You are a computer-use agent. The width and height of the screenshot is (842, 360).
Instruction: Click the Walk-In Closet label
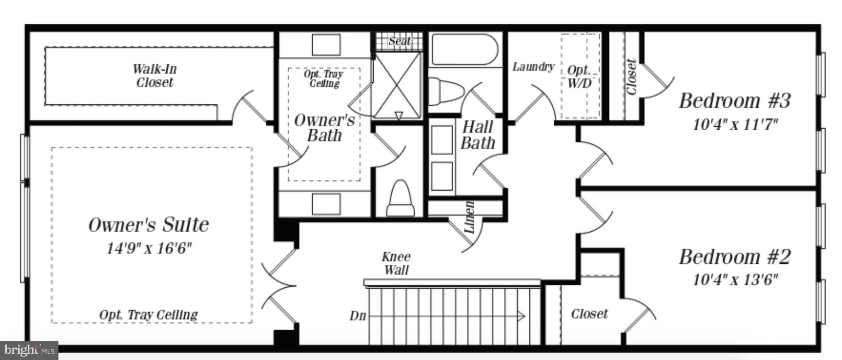154,76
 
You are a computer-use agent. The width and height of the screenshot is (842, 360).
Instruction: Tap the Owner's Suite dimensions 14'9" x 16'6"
149,248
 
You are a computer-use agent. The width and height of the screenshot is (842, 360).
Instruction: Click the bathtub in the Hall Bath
464,49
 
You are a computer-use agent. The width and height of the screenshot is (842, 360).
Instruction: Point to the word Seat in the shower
399,41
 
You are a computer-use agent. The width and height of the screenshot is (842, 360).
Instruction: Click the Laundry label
533,67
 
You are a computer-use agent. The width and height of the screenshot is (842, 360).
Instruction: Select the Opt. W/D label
579,77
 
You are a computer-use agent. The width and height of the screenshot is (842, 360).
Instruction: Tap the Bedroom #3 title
734,101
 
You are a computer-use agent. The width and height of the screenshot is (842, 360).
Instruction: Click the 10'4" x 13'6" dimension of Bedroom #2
735,280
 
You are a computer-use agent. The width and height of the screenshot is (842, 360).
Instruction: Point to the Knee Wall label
396,263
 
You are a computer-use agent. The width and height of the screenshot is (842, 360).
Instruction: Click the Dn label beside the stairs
358,316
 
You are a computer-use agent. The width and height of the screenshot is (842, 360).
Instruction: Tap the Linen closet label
469,217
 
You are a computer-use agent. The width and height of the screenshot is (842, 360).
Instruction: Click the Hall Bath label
478,135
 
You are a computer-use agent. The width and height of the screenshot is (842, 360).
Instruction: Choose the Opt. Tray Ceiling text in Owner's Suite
148,315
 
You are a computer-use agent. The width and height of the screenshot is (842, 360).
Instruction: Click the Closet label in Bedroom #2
589,314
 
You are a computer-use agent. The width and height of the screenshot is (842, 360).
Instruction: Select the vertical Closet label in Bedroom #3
631,77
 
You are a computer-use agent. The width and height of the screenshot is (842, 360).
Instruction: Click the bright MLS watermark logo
29,350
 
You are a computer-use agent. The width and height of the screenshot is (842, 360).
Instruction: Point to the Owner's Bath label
324,128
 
